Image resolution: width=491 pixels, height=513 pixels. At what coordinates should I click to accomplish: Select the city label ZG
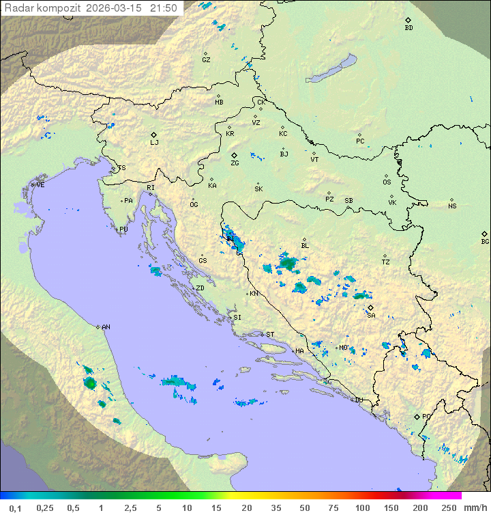point(235,163)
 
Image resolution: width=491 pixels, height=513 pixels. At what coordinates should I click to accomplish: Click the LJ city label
point(154,143)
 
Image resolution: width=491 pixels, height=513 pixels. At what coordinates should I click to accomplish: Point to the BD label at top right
point(408,28)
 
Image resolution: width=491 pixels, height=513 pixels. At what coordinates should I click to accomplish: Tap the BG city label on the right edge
point(485,241)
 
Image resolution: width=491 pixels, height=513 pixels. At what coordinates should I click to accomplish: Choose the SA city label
point(371,315)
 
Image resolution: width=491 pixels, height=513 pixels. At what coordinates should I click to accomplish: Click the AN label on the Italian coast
point(106,327)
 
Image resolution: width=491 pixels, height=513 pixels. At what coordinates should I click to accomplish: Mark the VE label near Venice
point(40,185)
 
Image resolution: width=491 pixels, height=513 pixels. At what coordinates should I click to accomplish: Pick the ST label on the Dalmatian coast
point(270,335)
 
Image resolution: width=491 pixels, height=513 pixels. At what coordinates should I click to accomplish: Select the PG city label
point(426,416)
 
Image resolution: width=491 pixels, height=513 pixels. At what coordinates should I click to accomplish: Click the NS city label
point(452,206)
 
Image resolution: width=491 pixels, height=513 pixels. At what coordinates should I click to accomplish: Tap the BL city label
point(305,245)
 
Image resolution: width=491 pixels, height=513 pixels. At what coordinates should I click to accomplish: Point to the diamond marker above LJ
point(154,135)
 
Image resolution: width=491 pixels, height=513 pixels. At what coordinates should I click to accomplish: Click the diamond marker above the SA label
point(370,307)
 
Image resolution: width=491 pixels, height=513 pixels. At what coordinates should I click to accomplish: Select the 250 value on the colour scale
point(448,508)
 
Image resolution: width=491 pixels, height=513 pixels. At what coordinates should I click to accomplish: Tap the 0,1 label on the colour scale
point(15,508)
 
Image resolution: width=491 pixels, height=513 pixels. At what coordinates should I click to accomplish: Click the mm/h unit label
point(474,508)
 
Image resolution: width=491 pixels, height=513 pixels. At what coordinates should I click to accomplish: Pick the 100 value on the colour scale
point(361,508)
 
